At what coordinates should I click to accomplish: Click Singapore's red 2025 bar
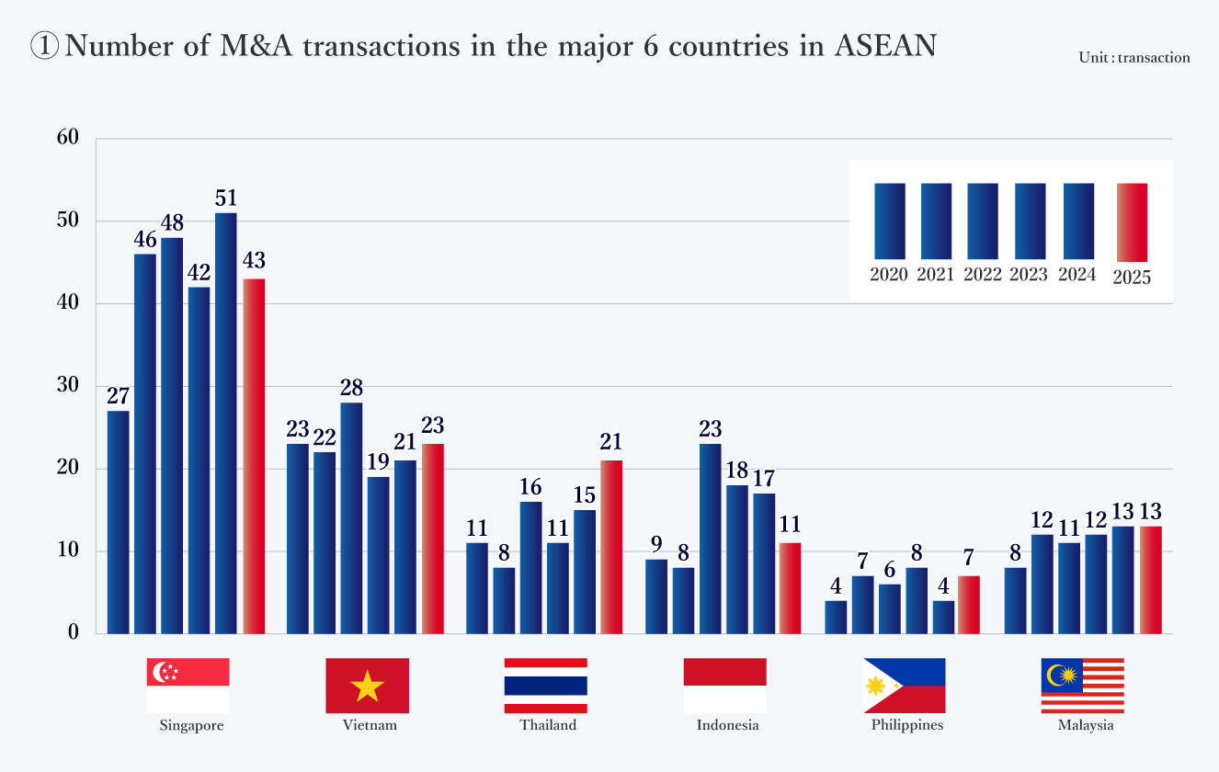(x=254, y=456)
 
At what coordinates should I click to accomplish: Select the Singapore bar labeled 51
(x=226, y=423)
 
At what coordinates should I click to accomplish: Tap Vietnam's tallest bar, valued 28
(x=351, y=517)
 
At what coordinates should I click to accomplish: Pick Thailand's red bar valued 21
(x=611, y=547)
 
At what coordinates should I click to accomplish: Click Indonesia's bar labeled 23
(x=711, y=539)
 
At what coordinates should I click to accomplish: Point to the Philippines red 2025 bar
(x=969, y=605)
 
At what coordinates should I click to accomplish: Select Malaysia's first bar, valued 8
(x=1015, y=600)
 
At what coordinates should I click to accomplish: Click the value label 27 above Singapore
(x=118, y=397)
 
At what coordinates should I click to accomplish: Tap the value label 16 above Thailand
(x=530, y=488)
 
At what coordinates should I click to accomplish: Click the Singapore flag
(x=188, y=686)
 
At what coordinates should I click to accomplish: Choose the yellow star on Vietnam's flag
(x=368, y=687)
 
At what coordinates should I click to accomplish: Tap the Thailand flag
(x=546, y=686)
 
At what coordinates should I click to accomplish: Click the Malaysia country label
(x=1086, y=725)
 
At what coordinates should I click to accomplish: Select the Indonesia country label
(x=728, y=725)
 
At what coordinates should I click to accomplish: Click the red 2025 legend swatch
(x=1132, y=221)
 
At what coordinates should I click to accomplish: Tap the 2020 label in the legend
(x=889, y=275)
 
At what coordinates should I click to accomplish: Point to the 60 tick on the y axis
(x=70, y=138)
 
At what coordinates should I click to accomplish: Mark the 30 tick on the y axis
(x=70, y=386)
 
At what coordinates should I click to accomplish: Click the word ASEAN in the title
(x=885, y=46)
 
